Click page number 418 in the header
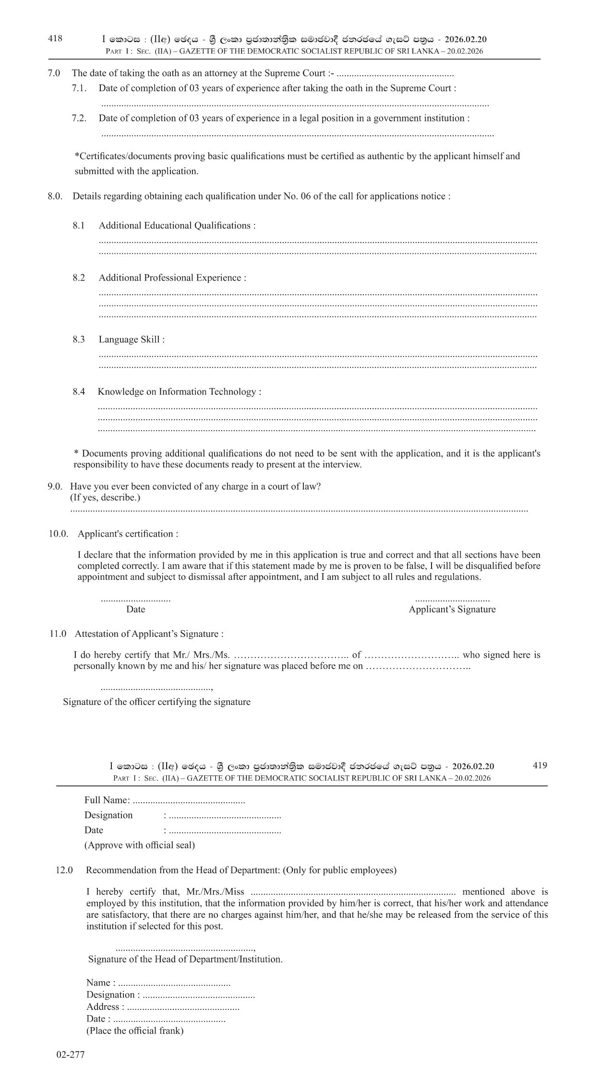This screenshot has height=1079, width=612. tap(55, 39)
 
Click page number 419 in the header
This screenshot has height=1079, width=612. tap(540, 765)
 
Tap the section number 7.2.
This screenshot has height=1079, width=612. tap(79, 118)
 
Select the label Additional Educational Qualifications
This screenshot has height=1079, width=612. tap(177, 225)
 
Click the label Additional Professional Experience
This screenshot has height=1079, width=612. tap(172, 278)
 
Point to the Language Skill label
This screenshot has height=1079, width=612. tap(131, 340)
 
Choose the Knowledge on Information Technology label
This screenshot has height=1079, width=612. tap(179, 392)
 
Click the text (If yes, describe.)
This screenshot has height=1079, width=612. tap(105, 497)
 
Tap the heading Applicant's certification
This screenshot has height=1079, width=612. tap(128, 534)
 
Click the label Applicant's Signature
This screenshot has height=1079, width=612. tap(452, 609)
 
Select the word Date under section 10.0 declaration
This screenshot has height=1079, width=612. tap(135, 609)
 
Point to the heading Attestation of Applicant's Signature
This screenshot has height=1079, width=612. tap(149, 634)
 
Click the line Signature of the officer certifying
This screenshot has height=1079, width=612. tap(156, 702)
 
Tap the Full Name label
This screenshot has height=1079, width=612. tap(107, 800)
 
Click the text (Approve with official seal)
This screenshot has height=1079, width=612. tap(139, 845)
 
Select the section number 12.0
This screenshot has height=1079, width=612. tap(64, 870)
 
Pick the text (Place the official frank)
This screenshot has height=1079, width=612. tap(134, 1031)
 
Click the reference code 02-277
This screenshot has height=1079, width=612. tap(70, 1055)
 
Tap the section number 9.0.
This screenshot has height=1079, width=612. tap(55, 486)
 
